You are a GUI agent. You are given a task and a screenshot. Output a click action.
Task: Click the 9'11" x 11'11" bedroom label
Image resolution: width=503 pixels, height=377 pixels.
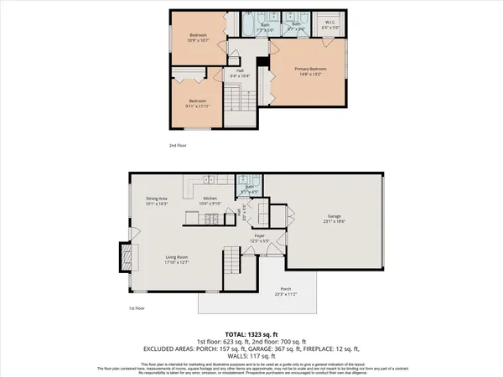198,105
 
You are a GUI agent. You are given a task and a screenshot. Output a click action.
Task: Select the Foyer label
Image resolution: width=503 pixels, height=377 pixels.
260,238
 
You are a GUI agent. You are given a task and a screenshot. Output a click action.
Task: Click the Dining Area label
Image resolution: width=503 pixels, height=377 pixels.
158,200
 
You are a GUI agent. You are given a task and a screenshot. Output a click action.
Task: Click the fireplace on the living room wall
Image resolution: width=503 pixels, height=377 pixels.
125,254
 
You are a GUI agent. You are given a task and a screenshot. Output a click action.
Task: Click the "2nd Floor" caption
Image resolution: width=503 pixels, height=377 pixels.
178,145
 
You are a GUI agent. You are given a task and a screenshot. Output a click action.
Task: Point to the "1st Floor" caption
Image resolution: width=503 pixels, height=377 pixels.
137,309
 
